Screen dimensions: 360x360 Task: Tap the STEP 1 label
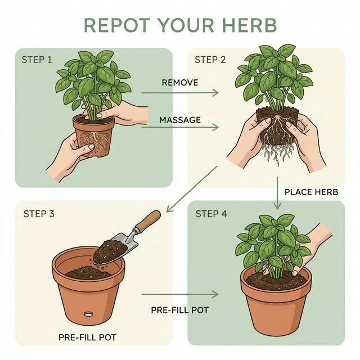coord(37,59)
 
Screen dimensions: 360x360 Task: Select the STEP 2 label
coord(209,59)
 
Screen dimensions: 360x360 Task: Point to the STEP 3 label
coord(39,214)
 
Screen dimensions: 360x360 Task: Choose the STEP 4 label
coord(210,214)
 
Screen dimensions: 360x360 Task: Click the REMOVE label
coord(180,83)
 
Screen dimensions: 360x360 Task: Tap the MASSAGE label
coord(180,120)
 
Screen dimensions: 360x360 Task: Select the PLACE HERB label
coord(311,192)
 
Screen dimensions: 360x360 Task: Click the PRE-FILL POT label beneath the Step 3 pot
coord(87,337)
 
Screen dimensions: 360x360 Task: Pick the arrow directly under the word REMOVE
coord(180,93)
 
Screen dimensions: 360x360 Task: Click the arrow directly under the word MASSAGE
coord(180,128)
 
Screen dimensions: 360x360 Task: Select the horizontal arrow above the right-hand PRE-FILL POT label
coord(180,294)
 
